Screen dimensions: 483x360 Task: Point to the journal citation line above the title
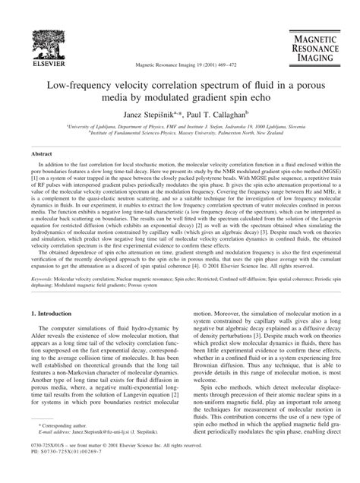(x=179, y=66)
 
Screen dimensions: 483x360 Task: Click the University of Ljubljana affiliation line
(x=180, y=128)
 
